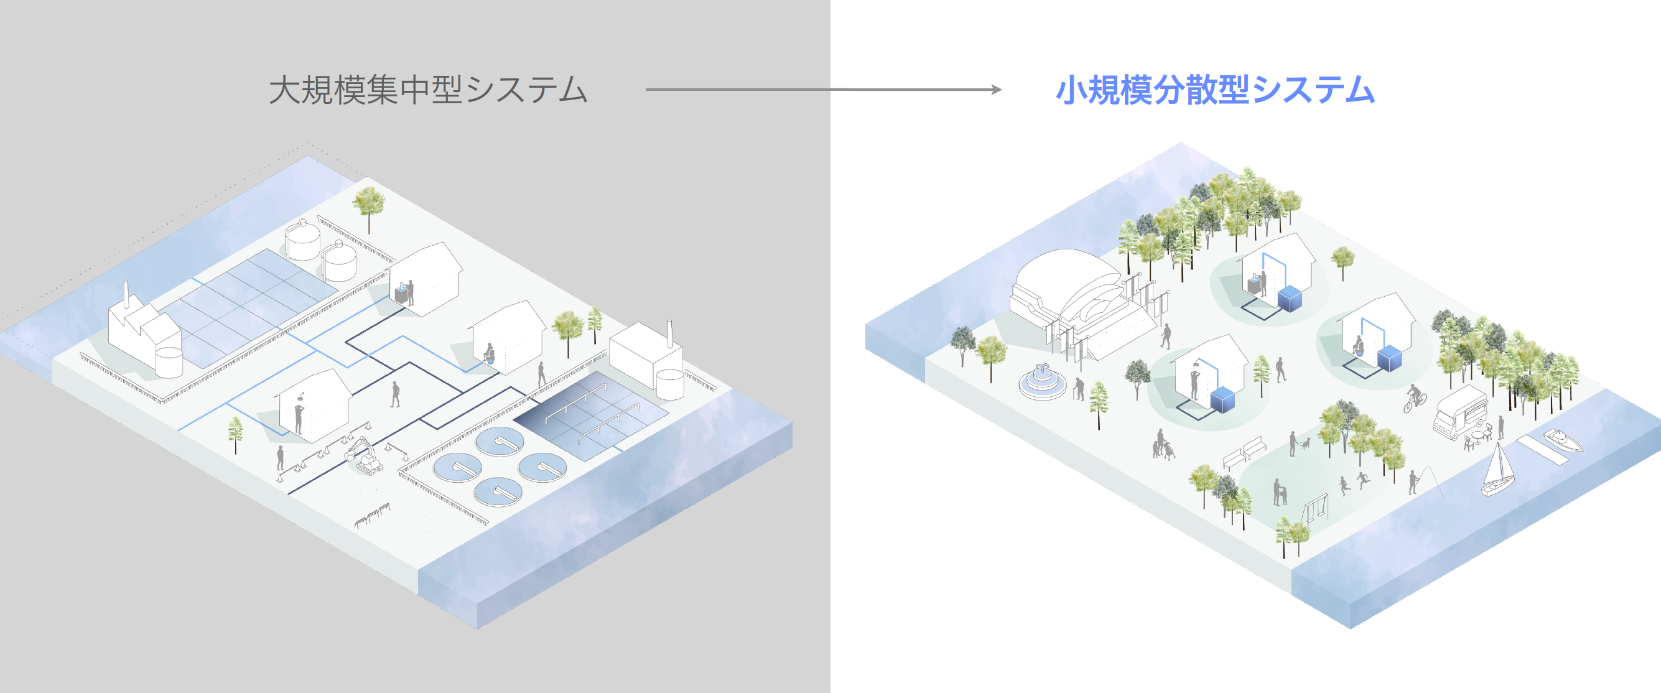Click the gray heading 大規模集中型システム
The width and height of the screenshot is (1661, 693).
coord(427,90)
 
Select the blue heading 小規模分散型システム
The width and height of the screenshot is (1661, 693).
coord(1215,90)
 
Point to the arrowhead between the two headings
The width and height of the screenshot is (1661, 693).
coord(996,90)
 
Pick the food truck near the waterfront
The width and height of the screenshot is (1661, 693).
coord(1460,412)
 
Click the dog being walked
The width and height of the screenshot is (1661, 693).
coord(1305,444)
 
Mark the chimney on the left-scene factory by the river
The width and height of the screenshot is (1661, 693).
coord(127,295)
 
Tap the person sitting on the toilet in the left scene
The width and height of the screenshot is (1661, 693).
coord(490,354)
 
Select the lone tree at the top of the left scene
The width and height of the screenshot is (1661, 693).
coord(369,205)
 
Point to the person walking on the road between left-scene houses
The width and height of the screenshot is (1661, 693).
coord(395,394)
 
